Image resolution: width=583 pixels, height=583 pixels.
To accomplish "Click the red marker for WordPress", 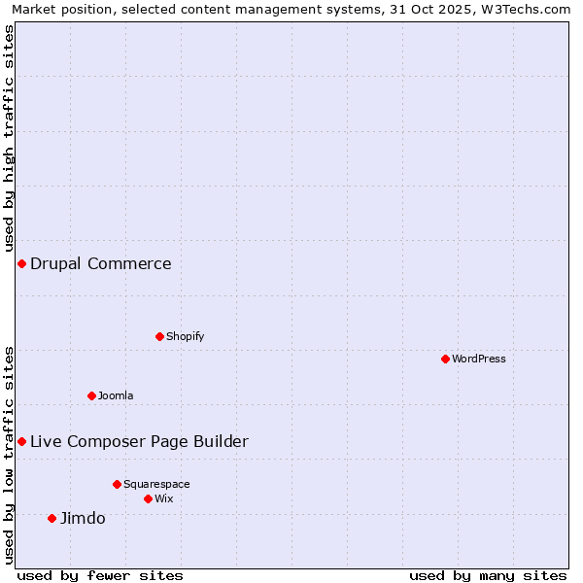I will tap(445, 359).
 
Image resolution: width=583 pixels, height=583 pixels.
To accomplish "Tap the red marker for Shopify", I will tap(159, 336).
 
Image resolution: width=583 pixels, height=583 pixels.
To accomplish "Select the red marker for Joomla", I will tap(91, 395).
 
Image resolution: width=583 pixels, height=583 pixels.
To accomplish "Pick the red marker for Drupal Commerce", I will tap(21, 263).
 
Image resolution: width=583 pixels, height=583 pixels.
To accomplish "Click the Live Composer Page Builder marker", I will tap(21, 441).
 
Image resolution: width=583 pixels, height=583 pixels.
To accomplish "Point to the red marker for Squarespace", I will tap(117, 484).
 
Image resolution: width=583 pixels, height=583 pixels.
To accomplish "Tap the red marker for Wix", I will tap(148, 498).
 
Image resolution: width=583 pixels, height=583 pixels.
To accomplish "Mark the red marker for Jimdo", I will tap(51, 518).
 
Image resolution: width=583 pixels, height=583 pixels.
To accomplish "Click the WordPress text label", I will tap(479, 359).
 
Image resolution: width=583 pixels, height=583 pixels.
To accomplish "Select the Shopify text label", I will tap(185, 336).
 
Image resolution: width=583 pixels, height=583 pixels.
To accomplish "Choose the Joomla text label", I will tap(116, 395).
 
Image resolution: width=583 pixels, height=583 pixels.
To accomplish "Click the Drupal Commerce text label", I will tap(101, 263).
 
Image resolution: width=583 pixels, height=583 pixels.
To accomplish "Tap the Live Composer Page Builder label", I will tap(139, 441).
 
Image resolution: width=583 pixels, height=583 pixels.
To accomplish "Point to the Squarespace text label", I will tap(156, 484).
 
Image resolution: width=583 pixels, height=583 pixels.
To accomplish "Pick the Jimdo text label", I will tap(83, 518).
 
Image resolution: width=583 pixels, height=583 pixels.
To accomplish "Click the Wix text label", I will tap(164, 498).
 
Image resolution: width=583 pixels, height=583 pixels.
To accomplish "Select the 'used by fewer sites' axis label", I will tap(100, 575).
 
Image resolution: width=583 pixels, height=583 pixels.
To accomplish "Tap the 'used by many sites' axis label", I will tap(488, 575).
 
